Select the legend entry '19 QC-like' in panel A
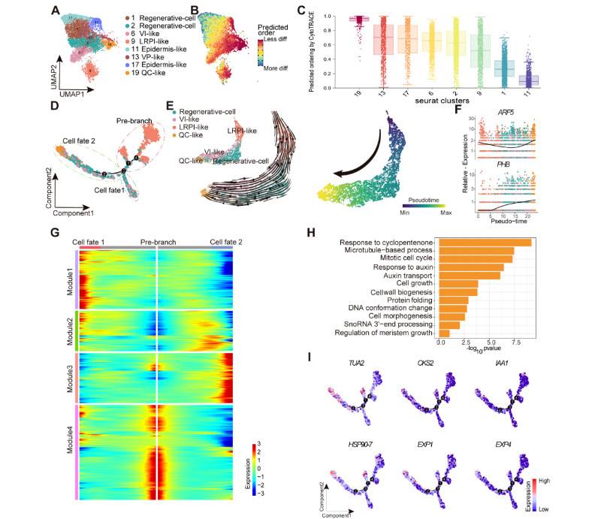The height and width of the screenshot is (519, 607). pyautogui.click(x=123, y=83)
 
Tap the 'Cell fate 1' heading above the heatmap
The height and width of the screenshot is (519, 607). pyautogui.click(x=89, y=242)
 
